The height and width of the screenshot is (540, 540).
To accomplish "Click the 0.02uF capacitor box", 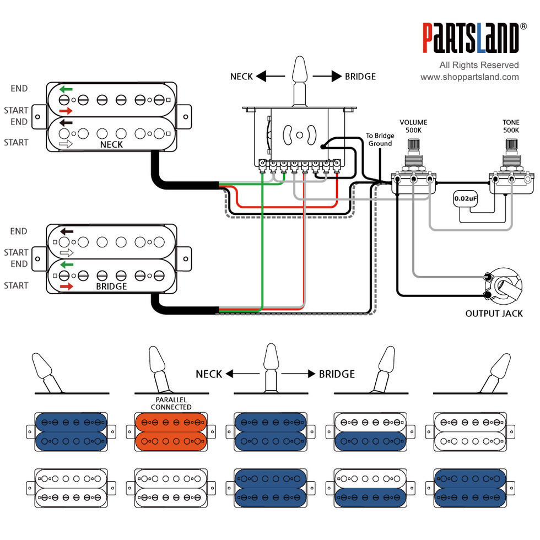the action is coord(465,199).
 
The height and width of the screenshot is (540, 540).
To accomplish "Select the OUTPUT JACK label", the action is coord(494,314).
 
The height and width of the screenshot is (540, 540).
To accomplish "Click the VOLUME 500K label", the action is coord(413,126).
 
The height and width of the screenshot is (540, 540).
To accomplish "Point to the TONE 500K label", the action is coord(511,126).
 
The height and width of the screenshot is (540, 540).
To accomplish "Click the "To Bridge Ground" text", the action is coord(380,139).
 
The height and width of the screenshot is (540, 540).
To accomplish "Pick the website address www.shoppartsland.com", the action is coord(469,77).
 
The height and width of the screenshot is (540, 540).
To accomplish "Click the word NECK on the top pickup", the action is coord(111,144).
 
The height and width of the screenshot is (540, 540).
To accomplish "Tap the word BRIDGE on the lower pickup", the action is coord(111,287).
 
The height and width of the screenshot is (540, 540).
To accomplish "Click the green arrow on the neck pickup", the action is coord(66,89).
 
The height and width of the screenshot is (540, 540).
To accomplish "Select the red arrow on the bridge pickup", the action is coord(67,287).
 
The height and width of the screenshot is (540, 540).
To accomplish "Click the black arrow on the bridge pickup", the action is coord(67,231).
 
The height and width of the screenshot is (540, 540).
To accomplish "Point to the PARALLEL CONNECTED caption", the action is coord(171,403).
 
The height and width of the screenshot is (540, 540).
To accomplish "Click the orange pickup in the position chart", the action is coord(171,432).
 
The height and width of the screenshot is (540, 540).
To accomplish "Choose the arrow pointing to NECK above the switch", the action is coord(271,76).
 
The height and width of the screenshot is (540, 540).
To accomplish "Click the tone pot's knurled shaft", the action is coord(511,144).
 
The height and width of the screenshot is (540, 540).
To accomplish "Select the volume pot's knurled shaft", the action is coord(414,144).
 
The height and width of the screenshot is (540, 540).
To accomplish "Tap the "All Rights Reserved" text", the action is coord(479,65).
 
